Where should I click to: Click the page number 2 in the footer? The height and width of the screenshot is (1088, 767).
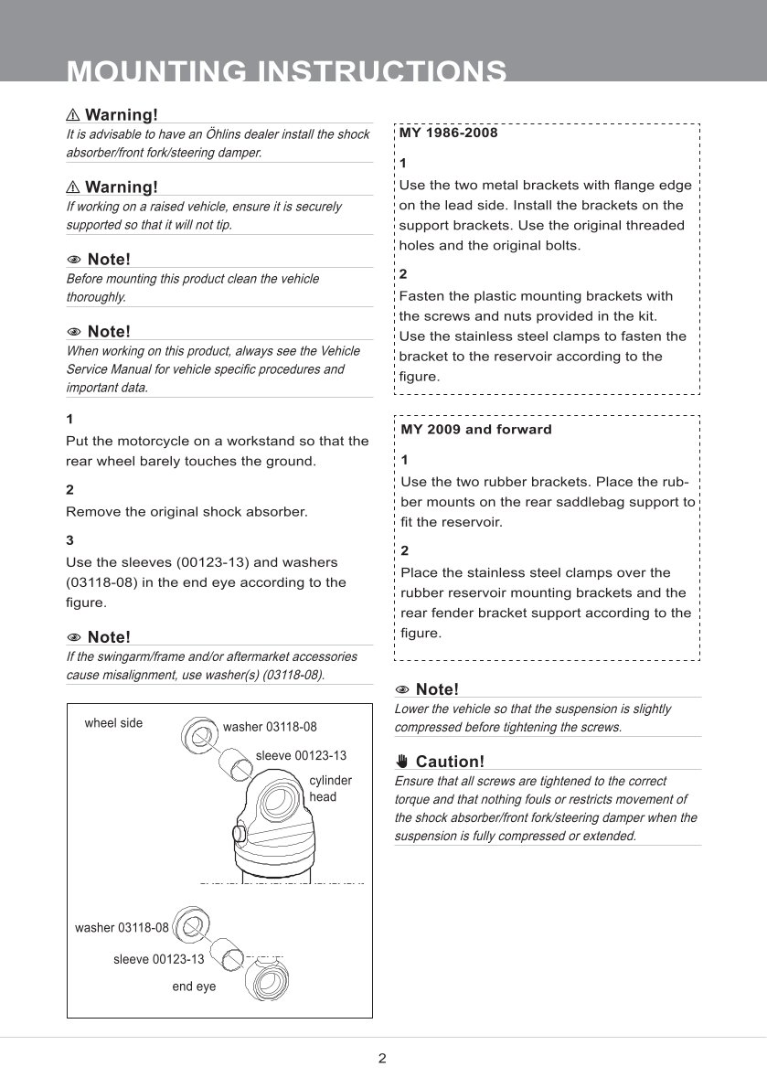(382, 1059)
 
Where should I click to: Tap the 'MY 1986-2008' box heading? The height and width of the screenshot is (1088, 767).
(449, 133)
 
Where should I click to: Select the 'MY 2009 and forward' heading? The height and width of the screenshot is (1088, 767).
(476, 429)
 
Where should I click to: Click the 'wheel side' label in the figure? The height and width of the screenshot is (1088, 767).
(113, 723)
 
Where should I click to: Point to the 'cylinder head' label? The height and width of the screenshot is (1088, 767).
(329, 788)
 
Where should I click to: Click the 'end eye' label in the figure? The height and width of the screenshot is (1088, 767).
(194, 987)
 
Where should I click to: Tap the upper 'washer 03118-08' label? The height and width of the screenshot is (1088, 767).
(270, 727)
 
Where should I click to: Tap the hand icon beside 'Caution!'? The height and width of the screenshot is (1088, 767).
(402, 762)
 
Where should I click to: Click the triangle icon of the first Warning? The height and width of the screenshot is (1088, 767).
(73, 115)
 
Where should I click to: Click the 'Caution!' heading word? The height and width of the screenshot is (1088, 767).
(450, 762)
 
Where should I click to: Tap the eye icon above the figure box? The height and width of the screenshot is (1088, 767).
(74, 637)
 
